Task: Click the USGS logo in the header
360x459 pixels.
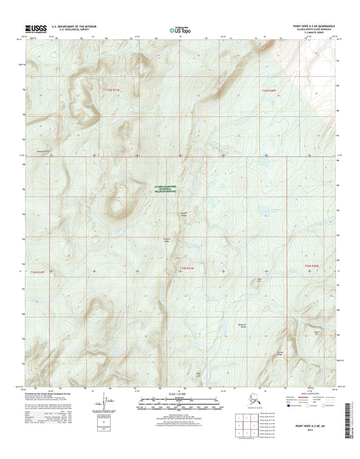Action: [35, 28]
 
